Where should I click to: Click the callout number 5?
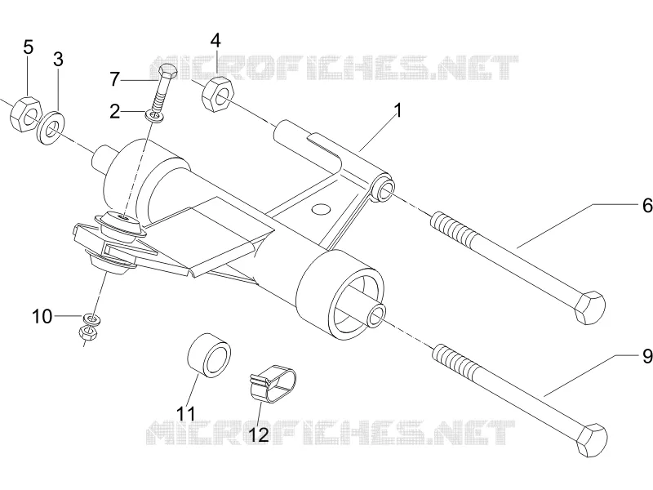pyautogui.click(x=28, y=47)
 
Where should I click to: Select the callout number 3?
pyautogui.click(x=58, y=59)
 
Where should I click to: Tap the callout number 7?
pyautogui.click(x=115, y=79)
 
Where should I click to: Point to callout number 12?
pyautogui.click(x=258, y=434)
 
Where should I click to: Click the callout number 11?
pyautogui.click(x=186, y=414)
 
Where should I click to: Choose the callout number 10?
pyautogui.click(x=42, y=317)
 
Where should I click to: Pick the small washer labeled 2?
pyautogui.click(x=156, y=116)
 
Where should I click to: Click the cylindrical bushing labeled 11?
pyautogui.click(x=209, y=355)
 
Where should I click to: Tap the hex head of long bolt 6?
pyautogui.click(x=589, y=308)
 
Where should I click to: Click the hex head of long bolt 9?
pyautogui.click(x=591, y=440)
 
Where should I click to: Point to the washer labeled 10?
pyautogui.click(x=92, y=319)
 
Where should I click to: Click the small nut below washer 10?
pyautogui.click(x=88, y=332)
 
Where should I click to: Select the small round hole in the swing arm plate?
pyautogui.click(x=321, y=209)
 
